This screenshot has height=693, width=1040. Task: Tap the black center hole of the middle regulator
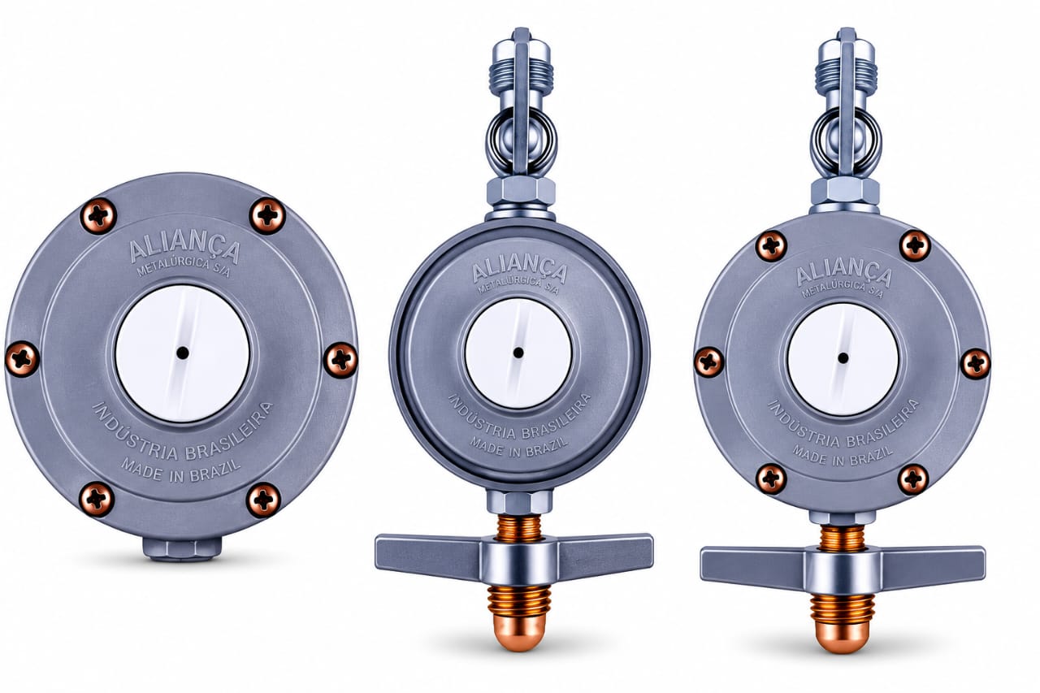tap(518, 353)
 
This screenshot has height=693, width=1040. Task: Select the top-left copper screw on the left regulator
tap(98, 215)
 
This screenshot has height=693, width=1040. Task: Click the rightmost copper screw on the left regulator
tap(340, 360)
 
